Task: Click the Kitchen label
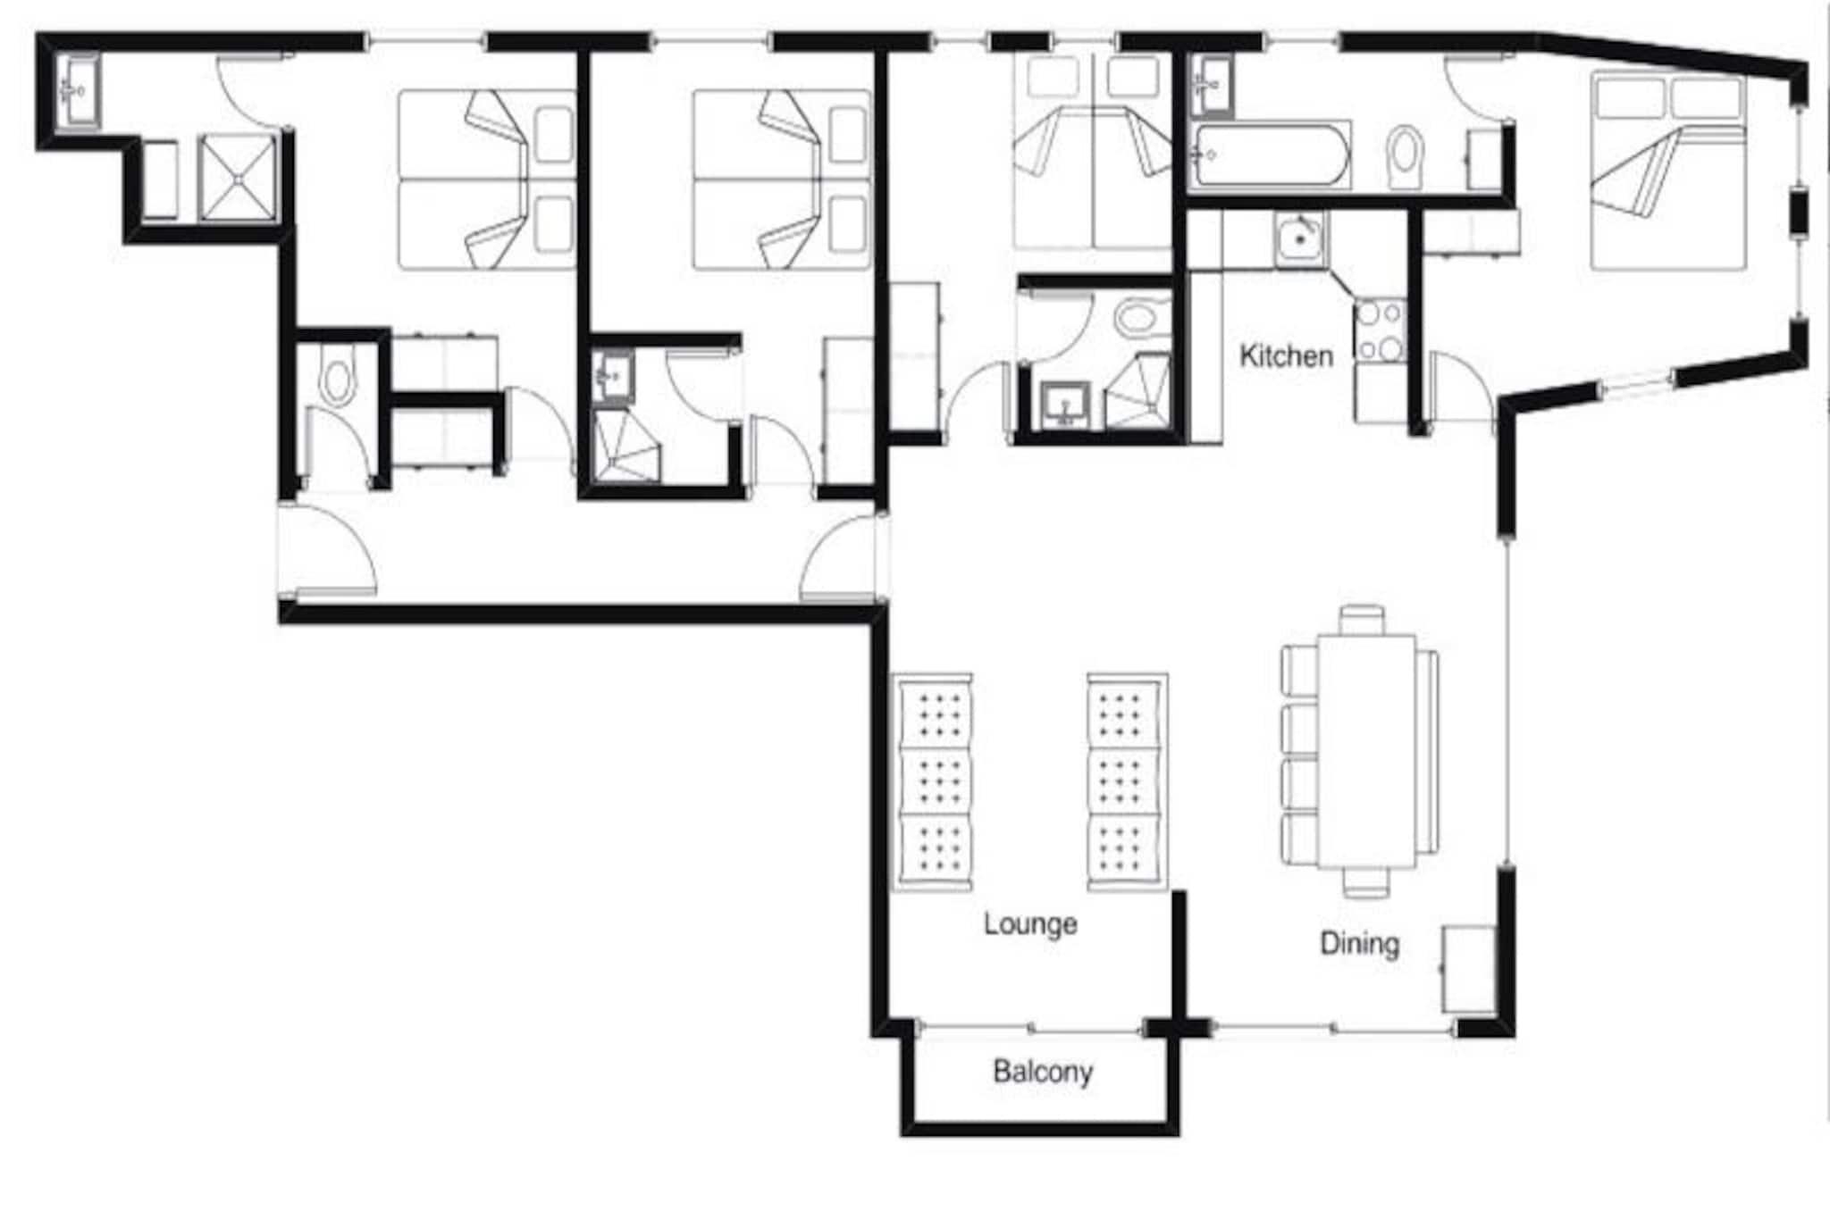click(1286, 356)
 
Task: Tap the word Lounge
click(1030, 924)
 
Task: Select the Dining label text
click(1359, 944)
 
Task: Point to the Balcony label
click(1043, 1072)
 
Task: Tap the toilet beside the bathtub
click(1405, 157)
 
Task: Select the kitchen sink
click(1300, 239)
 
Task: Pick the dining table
click(1366, 751)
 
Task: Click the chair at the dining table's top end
click(1363, 620)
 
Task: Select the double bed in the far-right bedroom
click(1667, 170)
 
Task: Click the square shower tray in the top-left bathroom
click(238, 177)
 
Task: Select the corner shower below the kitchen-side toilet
click(1137, 390)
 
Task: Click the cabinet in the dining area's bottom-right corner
click(1469, 970)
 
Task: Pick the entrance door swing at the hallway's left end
click(332, 549)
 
